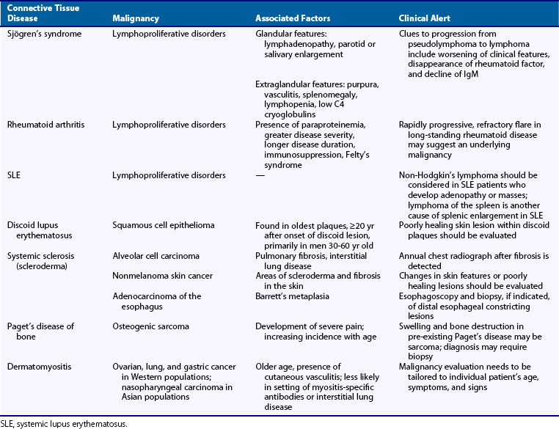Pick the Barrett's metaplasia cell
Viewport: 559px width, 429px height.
[293, 296]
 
